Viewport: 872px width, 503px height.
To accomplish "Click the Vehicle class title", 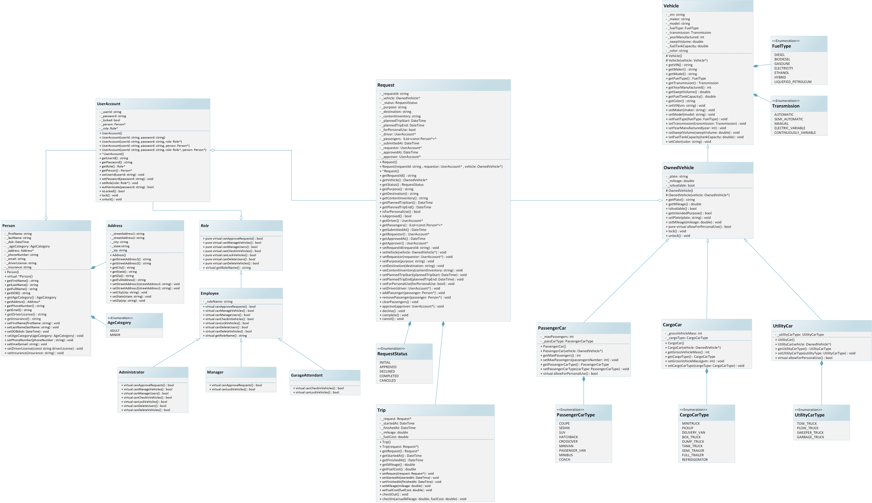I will coord(671,6).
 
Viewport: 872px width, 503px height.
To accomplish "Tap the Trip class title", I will coord(381,410).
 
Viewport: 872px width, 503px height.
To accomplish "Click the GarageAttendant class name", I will coord(306,375).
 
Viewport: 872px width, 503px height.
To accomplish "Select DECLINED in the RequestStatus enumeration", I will coord(387,371).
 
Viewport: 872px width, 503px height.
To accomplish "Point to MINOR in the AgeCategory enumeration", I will coord(115,335).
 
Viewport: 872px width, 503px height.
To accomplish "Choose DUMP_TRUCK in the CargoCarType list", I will coord(693,442).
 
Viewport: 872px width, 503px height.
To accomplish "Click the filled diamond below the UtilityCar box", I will coord(822,363).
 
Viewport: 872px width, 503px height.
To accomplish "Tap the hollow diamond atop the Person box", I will coord(46,218).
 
